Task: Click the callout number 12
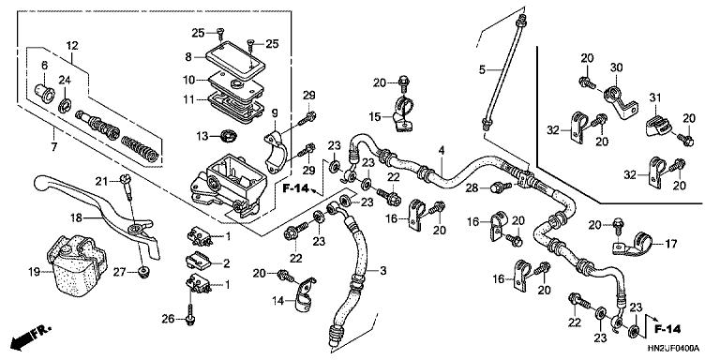pyautogui.click(x=70, y=46)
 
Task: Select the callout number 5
pyautogui.click(x=484, y=69)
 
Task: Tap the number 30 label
pyautogui.click(x=617, y=67)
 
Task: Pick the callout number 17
pyautogui.click(x=670, y=245)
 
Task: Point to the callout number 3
pyautogui.click(x=382, y=270)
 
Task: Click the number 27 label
pyautogui.click(x=118, y=272)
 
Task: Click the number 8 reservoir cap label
pyautogui.click(x=187, y=56)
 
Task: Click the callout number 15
pyautogui.click(x=374, y=117)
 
